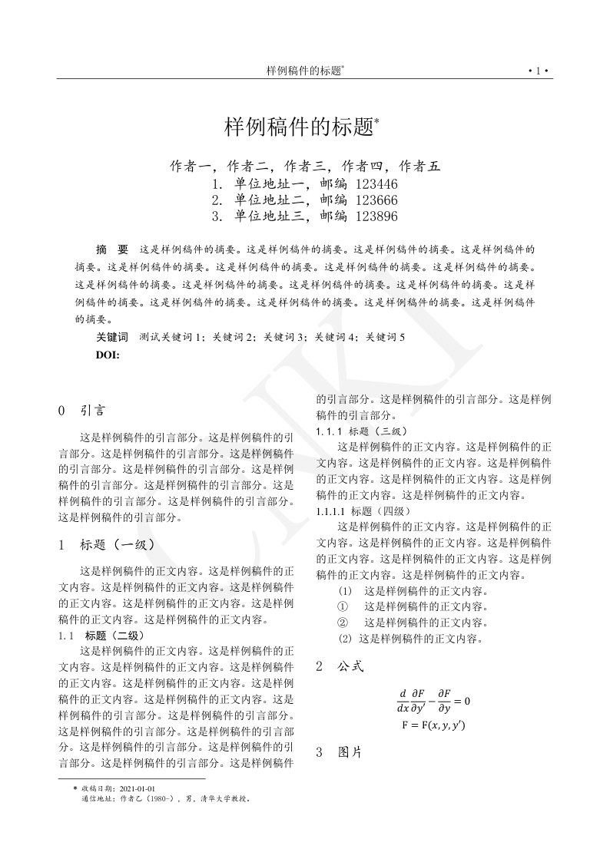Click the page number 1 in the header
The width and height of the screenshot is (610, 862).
[x=539, y=71]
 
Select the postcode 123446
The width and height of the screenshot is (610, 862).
[x=376, y=184]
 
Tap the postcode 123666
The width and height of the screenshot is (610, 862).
[x=376, y=200]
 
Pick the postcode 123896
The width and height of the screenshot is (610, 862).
[x=376, y=216]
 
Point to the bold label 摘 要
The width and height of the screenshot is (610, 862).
[x=112, y=249]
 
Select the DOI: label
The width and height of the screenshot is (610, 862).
[x=108, y=354]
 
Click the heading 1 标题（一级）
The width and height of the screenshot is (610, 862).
[x=108, y=545]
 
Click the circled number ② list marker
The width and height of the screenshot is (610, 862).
[x=343, y=623]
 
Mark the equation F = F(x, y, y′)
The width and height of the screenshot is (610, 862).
[x=434, y=725]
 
